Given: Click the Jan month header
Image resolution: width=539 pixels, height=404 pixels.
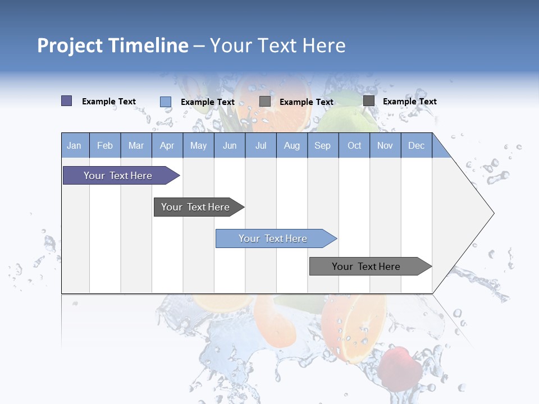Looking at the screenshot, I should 74,145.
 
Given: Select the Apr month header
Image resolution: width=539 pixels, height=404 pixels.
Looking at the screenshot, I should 167,145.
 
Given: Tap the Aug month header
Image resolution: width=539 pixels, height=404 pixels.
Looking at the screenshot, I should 292,145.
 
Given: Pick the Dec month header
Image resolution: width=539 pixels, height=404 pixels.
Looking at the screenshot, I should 416,145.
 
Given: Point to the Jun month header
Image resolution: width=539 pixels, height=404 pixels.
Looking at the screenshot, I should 230,145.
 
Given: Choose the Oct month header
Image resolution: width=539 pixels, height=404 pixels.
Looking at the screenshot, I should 354,145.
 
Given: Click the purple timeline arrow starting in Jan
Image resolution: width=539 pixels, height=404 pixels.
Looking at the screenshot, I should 118,176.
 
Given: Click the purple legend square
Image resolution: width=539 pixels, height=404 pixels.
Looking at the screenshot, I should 66,101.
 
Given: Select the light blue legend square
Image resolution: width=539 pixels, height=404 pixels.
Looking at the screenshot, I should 165,102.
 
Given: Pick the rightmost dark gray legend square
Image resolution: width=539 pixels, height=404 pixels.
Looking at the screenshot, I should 368,101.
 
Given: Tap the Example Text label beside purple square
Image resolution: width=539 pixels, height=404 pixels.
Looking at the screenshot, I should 109,102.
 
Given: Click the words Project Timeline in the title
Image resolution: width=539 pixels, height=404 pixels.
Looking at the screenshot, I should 112,45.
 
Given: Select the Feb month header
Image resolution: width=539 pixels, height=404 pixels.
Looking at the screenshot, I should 105,145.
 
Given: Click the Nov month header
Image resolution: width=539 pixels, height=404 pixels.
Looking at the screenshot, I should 385,145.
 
